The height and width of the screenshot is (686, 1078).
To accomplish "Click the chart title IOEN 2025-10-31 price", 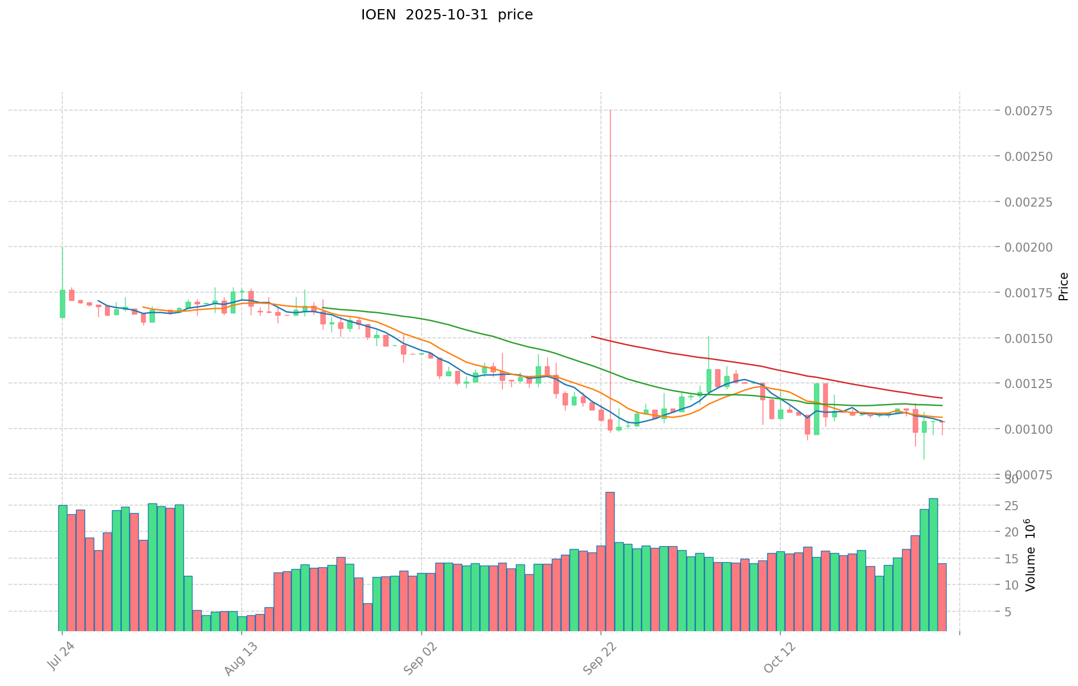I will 447,15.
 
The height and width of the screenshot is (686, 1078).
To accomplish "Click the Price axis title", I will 1063,286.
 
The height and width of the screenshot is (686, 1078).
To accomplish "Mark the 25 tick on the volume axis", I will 1012,506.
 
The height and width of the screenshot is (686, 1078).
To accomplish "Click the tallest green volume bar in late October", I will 933,564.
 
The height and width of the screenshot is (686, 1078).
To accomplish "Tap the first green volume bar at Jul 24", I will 63,568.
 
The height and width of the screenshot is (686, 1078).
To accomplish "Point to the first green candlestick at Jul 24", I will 62,304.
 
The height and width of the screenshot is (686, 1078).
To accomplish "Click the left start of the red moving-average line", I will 592,337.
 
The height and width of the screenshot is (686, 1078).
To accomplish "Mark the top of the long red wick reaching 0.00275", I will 610,111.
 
